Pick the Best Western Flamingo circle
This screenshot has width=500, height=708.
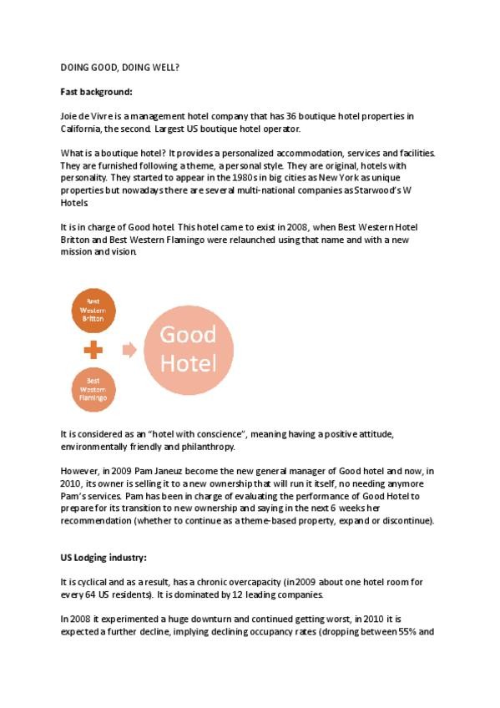click(x=93, y=389)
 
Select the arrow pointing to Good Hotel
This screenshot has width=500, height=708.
click(x=129, y=350)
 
